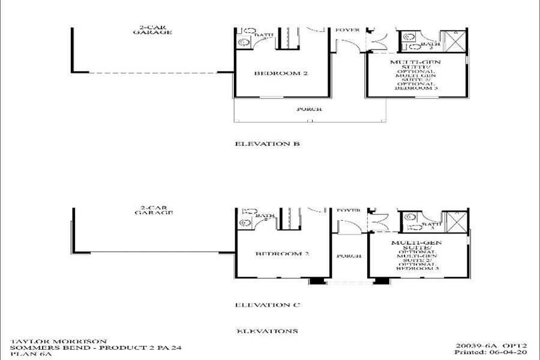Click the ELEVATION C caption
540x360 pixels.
[267, 305]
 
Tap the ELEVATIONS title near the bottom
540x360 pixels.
[267, 331]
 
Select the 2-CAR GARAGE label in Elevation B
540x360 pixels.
[152, 29]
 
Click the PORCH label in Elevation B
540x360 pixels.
[310, 109]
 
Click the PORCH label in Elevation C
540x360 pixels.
[349, 256]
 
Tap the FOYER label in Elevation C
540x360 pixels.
[348, 211]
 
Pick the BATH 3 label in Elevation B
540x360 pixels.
[430, 45]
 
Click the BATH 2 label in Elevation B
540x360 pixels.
[264, 36]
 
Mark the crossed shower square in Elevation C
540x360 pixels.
[456, 222]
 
